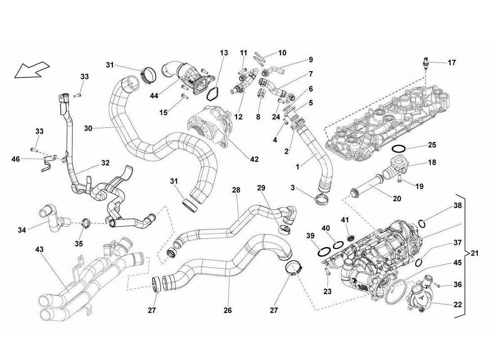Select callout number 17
452,63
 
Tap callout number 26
228,310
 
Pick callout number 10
282,53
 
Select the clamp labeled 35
86,222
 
